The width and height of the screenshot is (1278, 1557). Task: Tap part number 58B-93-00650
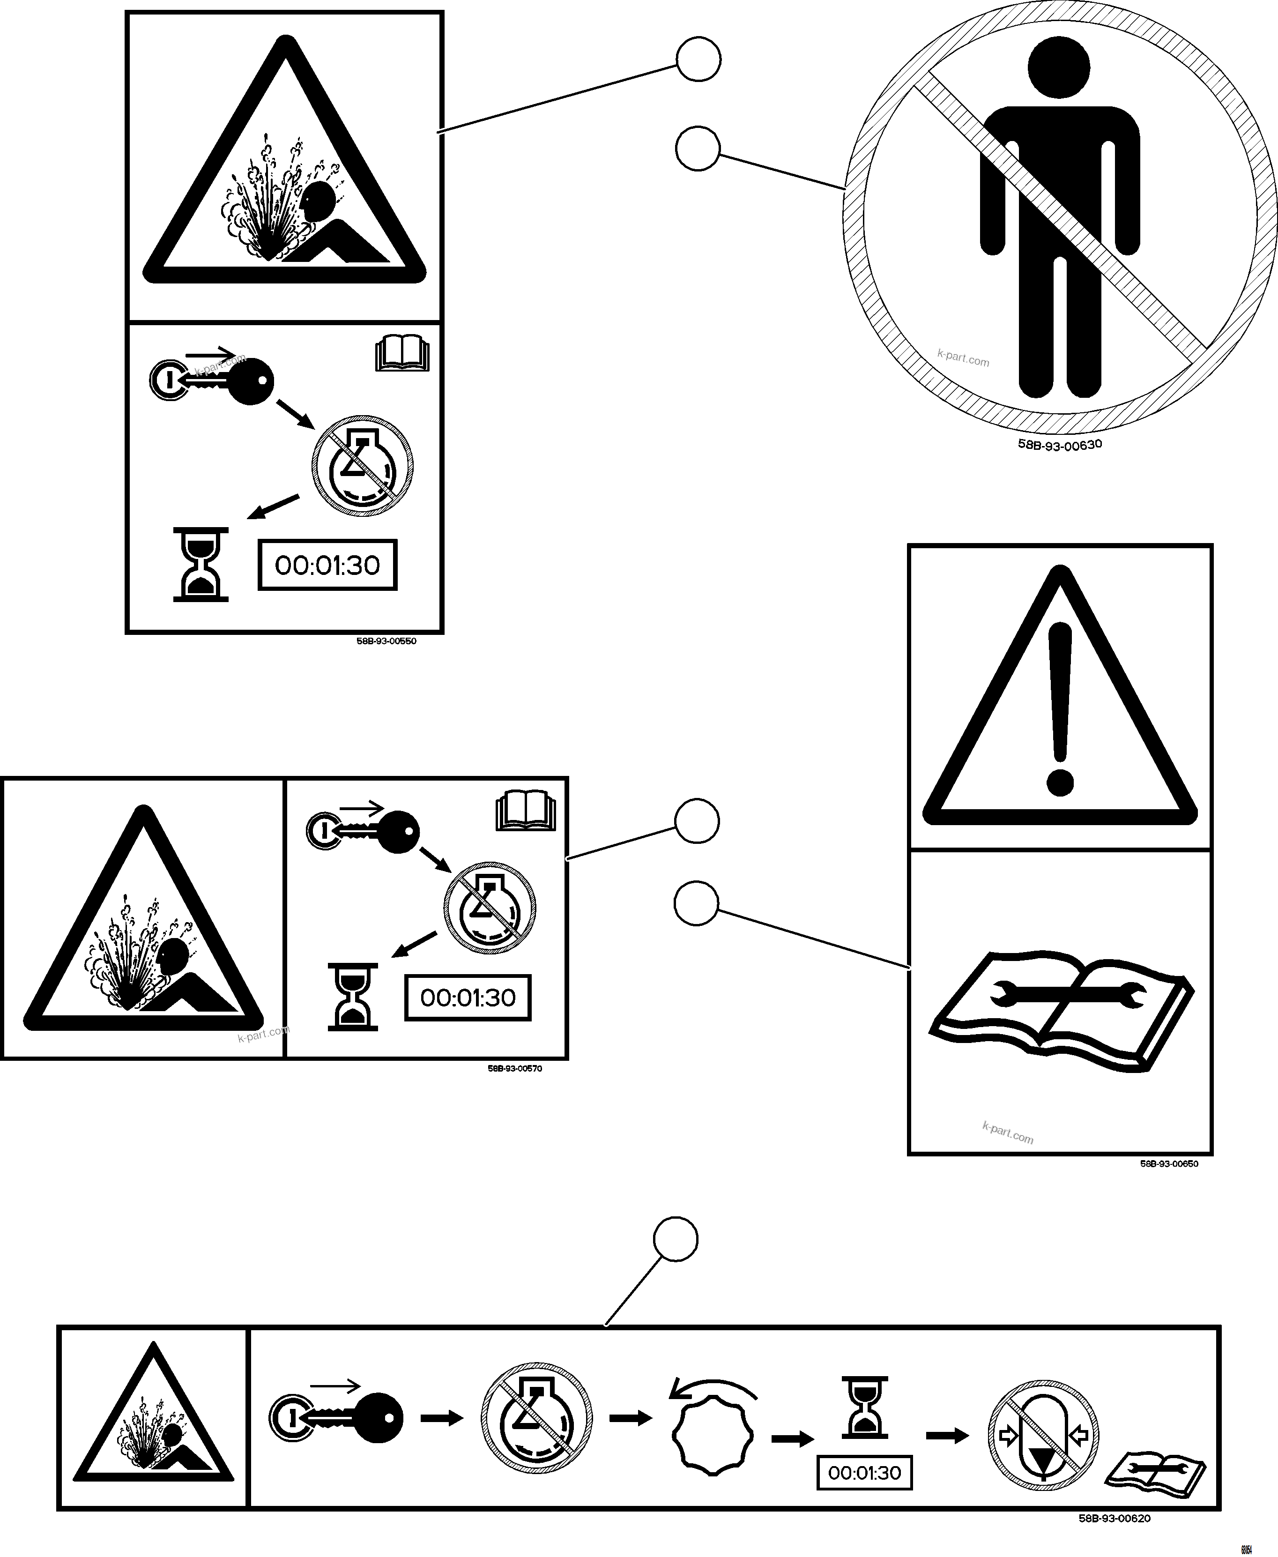(1169, 1164)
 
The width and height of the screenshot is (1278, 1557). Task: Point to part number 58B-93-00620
(1114, 1518)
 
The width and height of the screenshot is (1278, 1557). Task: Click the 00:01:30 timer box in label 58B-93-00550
(327, 566)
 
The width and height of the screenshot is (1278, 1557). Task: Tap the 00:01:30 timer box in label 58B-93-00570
(468, 998)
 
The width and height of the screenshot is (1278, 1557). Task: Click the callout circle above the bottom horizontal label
(675, 1239)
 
